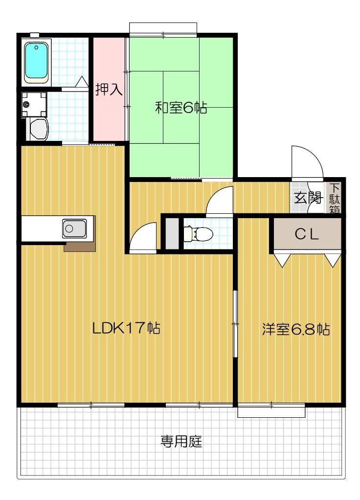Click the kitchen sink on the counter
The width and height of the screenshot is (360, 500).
point(74,228)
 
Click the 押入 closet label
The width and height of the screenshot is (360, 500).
point(109,91)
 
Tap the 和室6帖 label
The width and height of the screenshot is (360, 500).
point(180,108)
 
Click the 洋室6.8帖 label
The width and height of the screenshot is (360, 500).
point(295,329)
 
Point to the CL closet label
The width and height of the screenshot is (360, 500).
point(307,234)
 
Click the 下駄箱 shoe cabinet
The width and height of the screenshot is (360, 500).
point(335,198)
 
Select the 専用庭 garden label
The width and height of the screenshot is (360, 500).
point(182,443)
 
